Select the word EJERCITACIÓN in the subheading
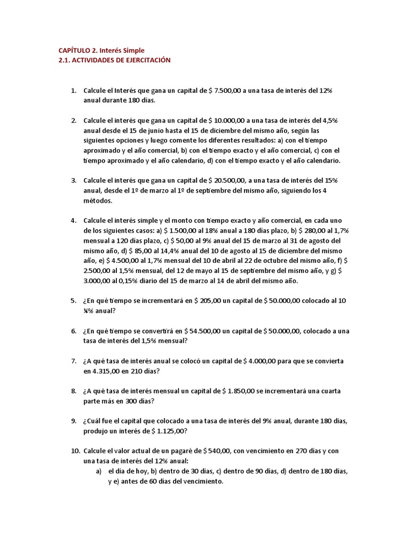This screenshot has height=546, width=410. tap(146, 60)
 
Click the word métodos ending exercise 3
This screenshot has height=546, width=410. tap(98, 201)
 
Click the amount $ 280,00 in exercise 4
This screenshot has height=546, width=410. tap(305, 230)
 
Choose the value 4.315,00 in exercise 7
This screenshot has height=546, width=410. tap(100, 371)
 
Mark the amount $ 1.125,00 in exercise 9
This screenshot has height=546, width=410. tap(167, 431)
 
